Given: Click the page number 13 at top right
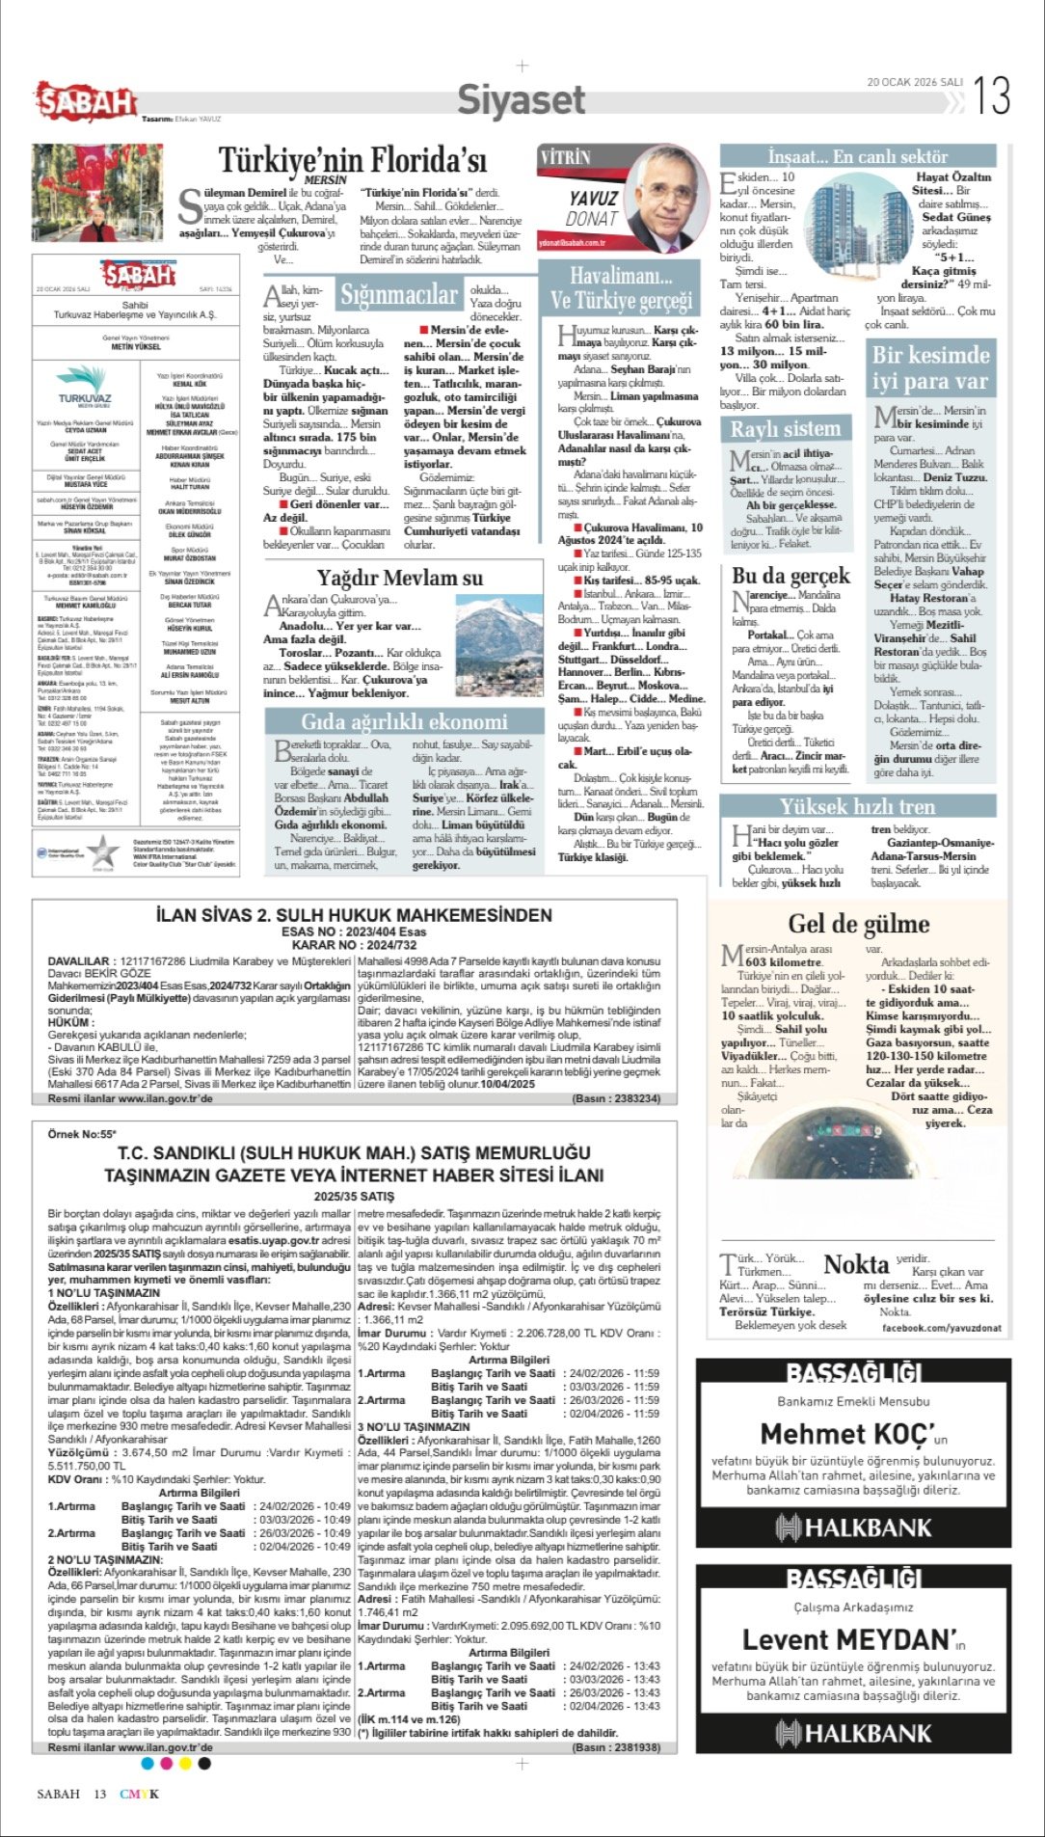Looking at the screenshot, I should [992, 95].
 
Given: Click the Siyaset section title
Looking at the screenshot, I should [521, 99].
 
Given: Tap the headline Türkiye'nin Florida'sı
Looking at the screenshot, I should [352, 159].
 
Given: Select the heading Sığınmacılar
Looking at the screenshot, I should [398, 295].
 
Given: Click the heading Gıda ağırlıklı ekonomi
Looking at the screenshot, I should [404, 721].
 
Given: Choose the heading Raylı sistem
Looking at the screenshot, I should [785, 429].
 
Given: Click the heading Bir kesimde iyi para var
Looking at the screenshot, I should [930, 367].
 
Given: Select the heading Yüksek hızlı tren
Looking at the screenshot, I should [857, 806].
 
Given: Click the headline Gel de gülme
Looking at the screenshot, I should [858, 924].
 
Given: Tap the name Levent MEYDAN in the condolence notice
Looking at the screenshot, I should [847, 1639].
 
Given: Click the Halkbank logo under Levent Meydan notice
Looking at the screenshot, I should [853, 1733].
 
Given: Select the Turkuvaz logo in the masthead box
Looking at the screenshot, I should [85, 389].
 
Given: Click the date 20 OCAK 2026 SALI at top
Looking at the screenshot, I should [914, 82].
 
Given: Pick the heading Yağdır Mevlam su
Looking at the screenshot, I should [400, 578].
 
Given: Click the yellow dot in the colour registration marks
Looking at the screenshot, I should [185, 1764].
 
